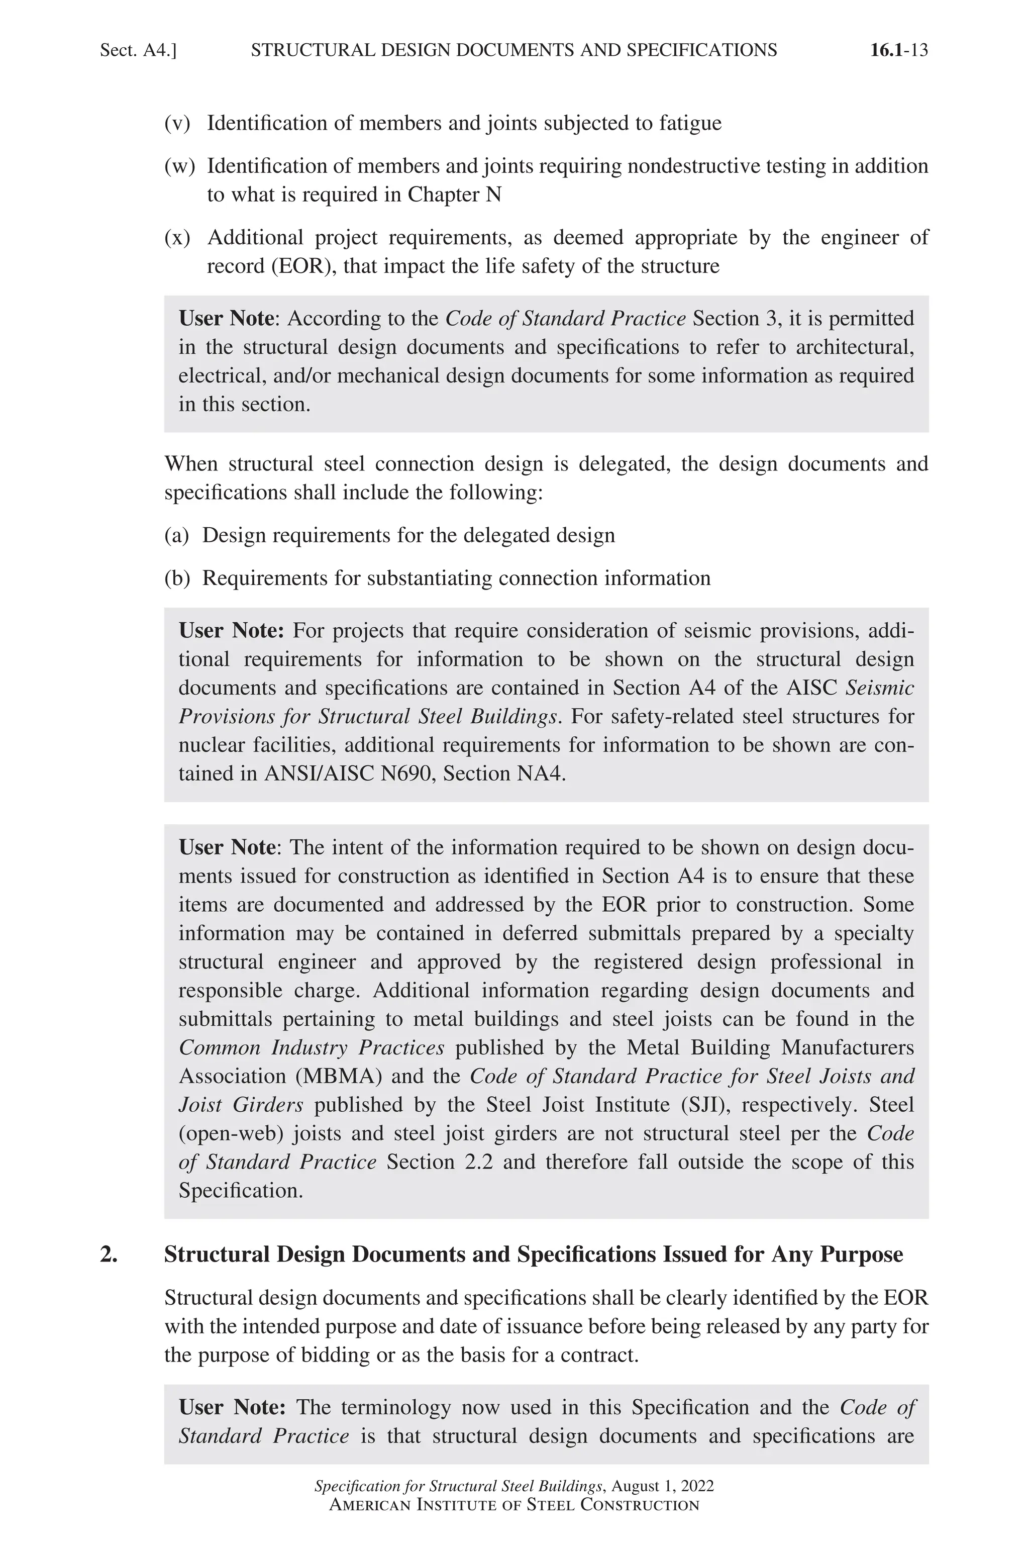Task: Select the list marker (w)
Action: pyautogui.click(x=179, y=166)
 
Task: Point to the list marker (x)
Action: pyautogui.click(x=177, y=237)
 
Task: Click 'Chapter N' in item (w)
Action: pyautogui.click(x=454, y=195)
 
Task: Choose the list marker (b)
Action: pyautogui.click(x=176, y=577)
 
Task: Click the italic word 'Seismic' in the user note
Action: pyautogui.click(x=879, y=688)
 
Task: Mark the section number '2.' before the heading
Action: pyautogui.click(x=109, y=1254)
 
